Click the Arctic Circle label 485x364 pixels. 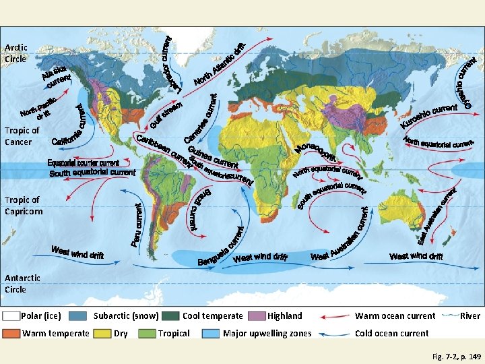click(x=15, y=53)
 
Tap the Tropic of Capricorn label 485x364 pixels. click(x=23, y=206)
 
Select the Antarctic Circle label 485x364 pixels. click(x=22, y=284)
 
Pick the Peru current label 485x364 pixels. click(x=136, y=225)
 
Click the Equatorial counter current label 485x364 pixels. click(x=83, y=163)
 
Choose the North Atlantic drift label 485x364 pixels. click(x=220, y=69)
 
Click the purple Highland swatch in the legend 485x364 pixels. click(x=257, y=315)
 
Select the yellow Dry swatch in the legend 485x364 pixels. click(x=102, y=333)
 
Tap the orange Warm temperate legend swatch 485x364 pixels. click(x=11, y=333)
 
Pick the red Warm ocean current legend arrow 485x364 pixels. click(x=333, y=315)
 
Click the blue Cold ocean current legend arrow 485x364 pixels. click(x=333, y=333)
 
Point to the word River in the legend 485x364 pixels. click(x=470, y=315)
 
